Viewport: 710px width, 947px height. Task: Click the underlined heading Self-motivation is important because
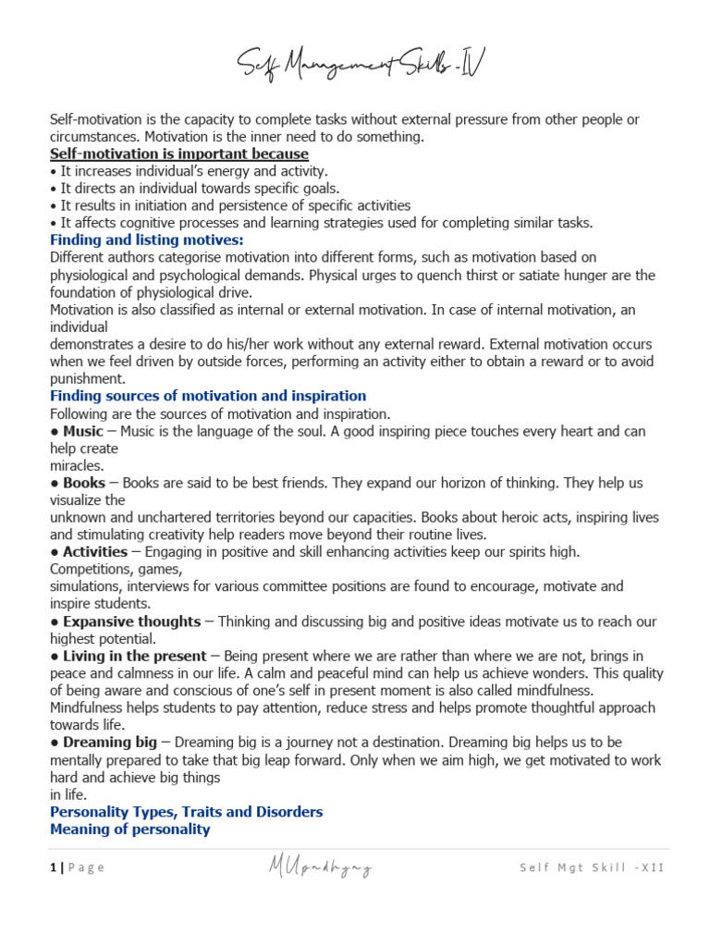click(x=179, y=154)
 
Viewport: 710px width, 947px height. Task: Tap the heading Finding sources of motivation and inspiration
click(x=208, y=396)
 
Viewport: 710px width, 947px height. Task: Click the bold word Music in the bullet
click(x=82, y=431)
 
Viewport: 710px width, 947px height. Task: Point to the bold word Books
click(x=84, y=483)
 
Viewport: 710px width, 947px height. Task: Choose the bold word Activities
click(x=95, y=551)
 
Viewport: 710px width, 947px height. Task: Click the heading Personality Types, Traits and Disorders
click(x=186, y=811)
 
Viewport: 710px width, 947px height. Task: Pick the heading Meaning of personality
click(x=129, y=829)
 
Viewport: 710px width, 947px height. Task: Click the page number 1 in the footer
click(x=53, y=867)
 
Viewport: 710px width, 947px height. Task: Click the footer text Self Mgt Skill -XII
click(x=591, y=867)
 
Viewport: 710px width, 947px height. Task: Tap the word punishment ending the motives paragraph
click(x=86, y=378)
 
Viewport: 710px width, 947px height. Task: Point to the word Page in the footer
click(x=87, y=867)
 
